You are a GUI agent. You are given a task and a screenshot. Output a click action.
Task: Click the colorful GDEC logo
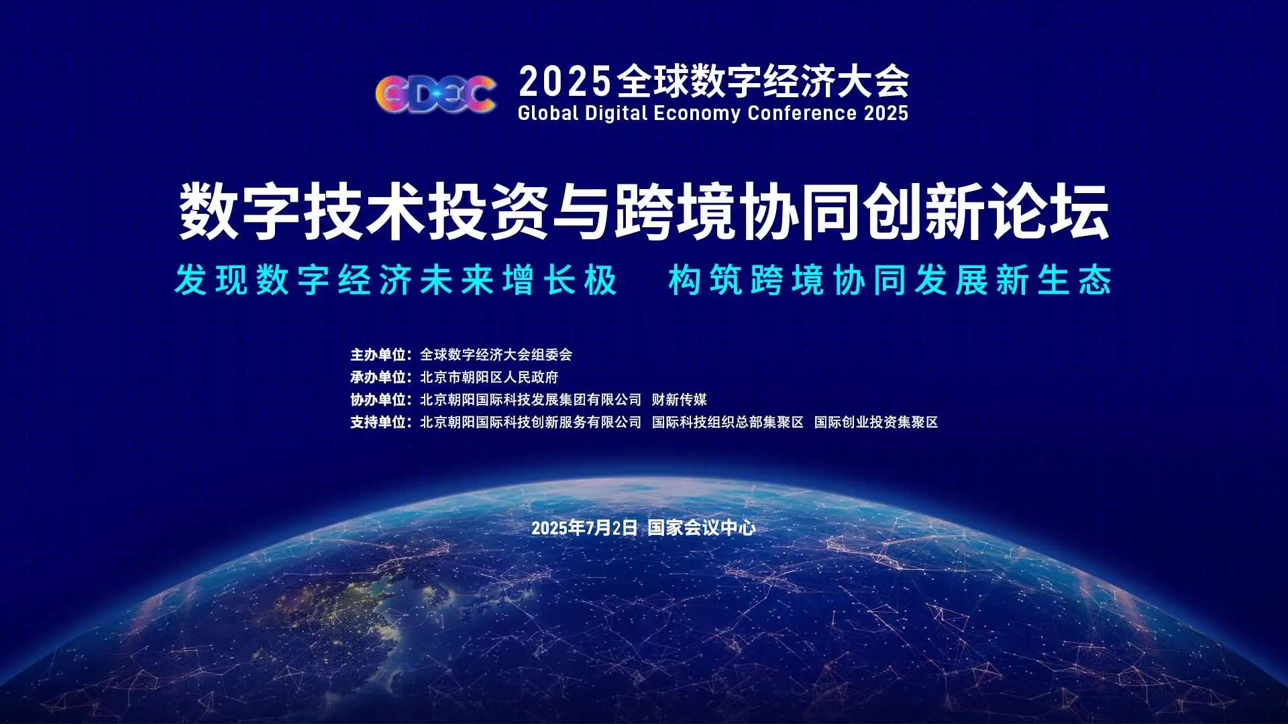[x=435, y=94]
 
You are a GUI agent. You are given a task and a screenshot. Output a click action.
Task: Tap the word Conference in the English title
[x=802, y=113]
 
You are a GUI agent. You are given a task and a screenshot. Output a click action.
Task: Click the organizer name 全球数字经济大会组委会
[x=496, y=355]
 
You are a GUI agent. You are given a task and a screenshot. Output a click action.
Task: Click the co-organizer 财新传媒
[x=679, y=400]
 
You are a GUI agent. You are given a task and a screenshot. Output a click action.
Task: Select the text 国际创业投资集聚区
[x=876, y=422]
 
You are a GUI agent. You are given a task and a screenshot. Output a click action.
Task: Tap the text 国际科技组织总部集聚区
[x=727, y=422]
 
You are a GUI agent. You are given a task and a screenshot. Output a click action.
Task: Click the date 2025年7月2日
[x=584, y=528]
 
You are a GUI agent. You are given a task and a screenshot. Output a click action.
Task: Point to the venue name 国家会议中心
[x=702, y=528]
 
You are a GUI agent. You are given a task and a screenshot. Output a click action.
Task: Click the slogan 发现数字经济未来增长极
[x=396, y=280]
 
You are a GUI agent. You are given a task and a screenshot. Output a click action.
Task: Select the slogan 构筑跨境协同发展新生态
[x=890, y=280]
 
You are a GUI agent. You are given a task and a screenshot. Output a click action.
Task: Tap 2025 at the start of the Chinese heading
[x=565, y=82]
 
